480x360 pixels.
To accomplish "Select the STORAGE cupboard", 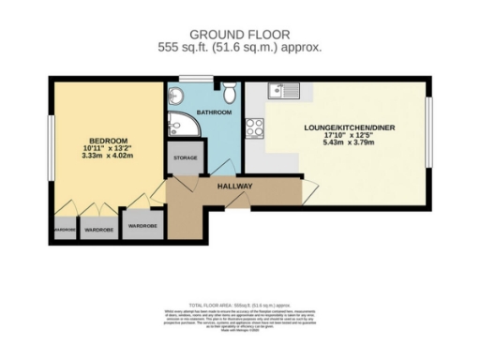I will tap(185, 158).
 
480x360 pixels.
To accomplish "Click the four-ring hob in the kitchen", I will tap(255, 128).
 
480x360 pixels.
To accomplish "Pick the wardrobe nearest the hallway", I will tap(142, 226).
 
